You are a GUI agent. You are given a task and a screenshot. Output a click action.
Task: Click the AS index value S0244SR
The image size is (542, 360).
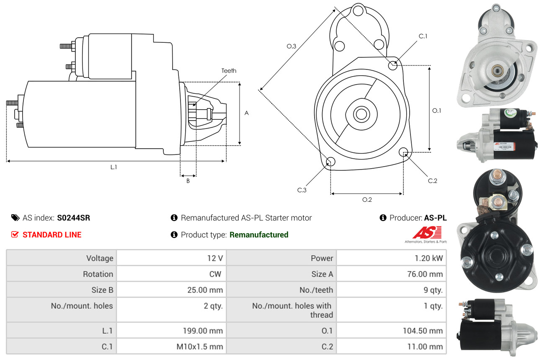[73, 218]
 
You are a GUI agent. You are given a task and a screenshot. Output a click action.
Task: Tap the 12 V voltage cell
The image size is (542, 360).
[214, 258]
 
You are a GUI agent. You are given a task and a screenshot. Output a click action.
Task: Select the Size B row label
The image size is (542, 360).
[102, 290]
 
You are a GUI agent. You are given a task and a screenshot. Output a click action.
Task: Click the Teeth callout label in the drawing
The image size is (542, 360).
[229, 71]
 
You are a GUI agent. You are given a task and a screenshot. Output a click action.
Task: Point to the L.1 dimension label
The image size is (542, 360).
[114, 167]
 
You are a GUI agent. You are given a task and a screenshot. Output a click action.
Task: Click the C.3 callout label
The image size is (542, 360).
[302, 190]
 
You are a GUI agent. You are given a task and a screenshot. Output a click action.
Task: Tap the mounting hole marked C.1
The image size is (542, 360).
[393, 65]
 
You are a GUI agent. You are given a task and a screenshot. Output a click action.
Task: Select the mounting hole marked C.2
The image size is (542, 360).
[404, 151]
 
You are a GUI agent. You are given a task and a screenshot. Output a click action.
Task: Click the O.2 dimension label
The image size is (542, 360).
[367, 200]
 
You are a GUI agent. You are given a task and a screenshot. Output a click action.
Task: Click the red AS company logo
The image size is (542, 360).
[427, 232]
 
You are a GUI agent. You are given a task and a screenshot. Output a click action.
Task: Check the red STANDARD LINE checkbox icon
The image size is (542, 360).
[15, 234]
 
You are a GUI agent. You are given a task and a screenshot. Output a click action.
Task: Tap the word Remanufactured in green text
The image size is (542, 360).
[259, 234]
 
